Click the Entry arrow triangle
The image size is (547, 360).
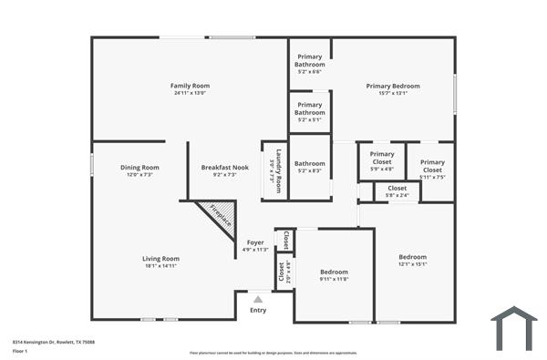[258, 299]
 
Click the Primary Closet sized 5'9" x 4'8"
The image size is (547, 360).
[382, 161]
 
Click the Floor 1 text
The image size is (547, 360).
[20, 351]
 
